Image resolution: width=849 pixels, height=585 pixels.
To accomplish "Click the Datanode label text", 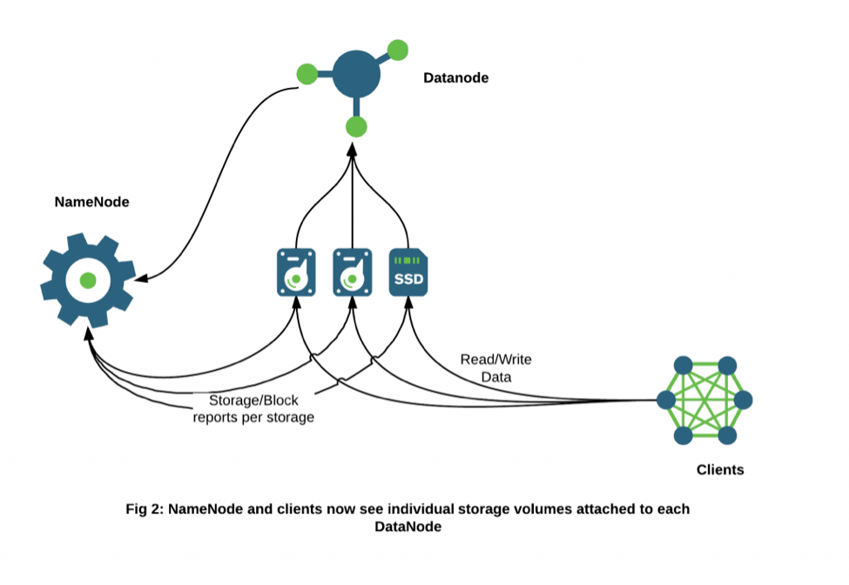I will point(455,77).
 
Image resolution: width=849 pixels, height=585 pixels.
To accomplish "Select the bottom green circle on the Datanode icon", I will point(356,127).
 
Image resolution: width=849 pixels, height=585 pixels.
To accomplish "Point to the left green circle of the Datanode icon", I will point(307,74).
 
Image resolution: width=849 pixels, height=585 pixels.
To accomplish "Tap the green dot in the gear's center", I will point(87,280).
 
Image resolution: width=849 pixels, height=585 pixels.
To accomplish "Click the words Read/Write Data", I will point(495,367).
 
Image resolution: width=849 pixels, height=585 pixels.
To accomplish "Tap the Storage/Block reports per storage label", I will point(253,409).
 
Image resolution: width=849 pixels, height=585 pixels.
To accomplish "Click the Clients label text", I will point(720,470).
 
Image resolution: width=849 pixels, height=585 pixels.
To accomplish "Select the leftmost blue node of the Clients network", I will point(666,400).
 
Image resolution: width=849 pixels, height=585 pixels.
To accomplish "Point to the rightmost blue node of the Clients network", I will point(743,400).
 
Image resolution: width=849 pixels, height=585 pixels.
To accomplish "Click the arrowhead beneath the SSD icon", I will point(408,305).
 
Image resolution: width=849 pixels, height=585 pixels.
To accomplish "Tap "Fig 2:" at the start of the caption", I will point(145,509).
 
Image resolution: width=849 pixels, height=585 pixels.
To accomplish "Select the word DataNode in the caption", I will point(408,527).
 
